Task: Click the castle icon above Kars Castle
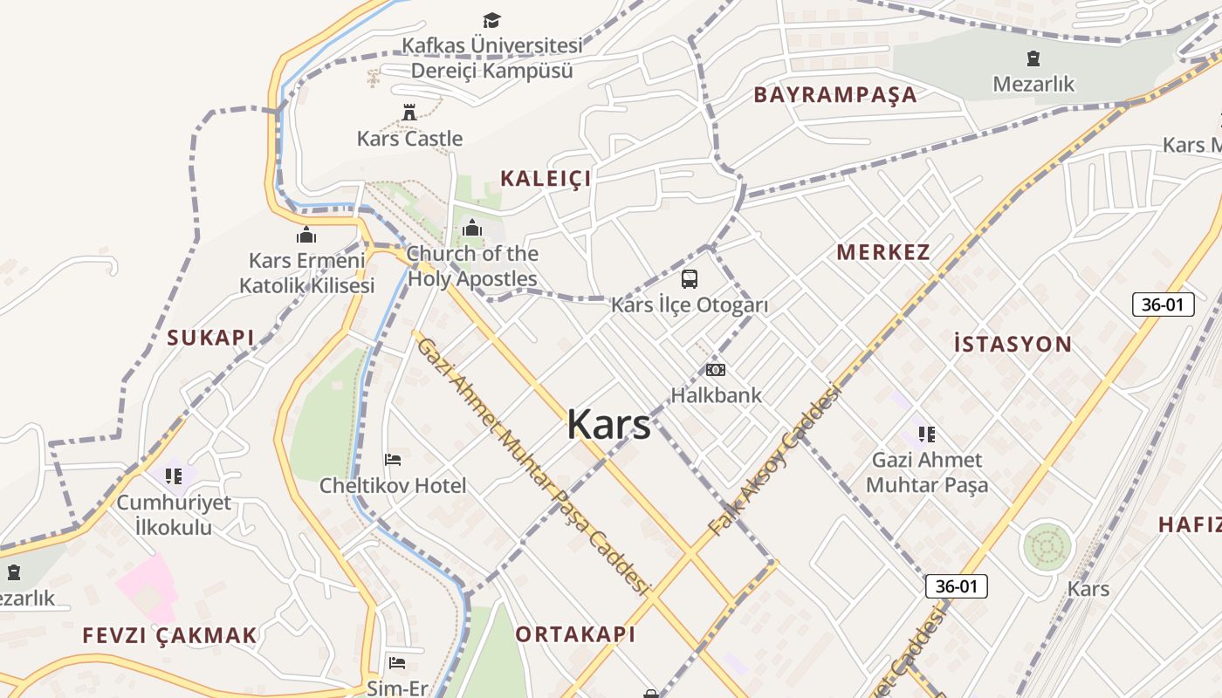click(408, 112)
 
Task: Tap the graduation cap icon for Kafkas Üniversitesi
click(492, 20)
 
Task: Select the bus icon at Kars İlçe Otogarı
click(690, 279)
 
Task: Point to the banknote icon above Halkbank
click(716, 370)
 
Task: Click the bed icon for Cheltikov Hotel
click(393, 460)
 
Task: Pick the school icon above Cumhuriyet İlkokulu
click(174, 476)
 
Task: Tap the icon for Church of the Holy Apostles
click(472, 229)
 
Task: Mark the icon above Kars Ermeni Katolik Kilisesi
click(306, 235)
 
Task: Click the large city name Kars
click(608, 425)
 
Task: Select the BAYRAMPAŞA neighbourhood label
click(835, 95)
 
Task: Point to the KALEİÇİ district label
click(546, 179)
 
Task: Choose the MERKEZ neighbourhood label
click(883, 253)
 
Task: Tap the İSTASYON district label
click(1013, 344)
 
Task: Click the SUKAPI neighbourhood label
click(210, 338)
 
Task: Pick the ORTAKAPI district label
click(576, 634)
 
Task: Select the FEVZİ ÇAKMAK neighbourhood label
click(170, 635)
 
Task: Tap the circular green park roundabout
click(1047, 547)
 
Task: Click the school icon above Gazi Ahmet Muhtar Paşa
click(926, 434)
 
